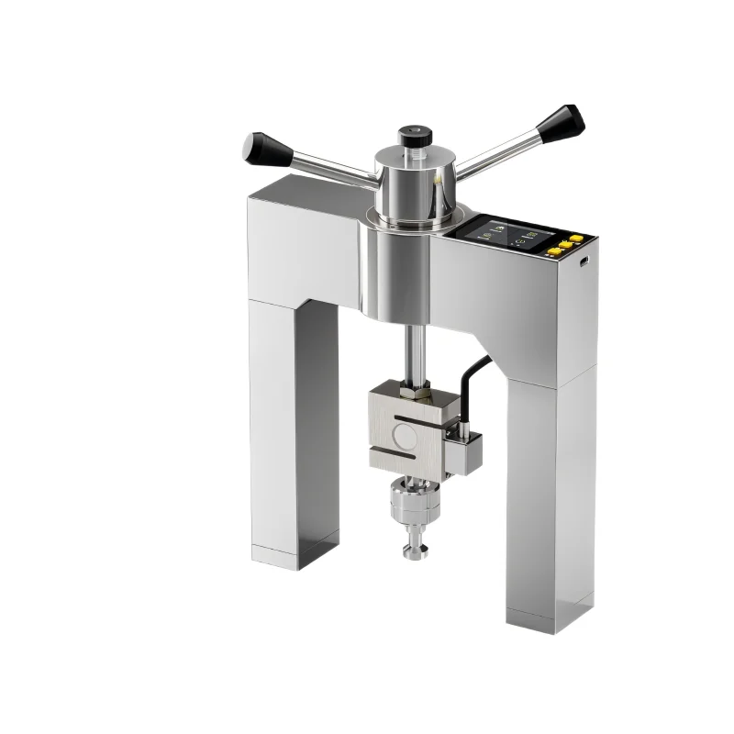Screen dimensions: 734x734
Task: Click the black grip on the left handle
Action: coord(263,147)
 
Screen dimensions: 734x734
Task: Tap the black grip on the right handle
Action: coord(561,122)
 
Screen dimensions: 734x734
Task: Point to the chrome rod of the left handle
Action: coord(326,168)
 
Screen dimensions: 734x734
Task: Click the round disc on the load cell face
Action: coord(404,430)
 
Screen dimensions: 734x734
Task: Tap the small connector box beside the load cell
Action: coord(462,449)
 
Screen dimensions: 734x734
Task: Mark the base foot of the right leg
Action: coord(543,612)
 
